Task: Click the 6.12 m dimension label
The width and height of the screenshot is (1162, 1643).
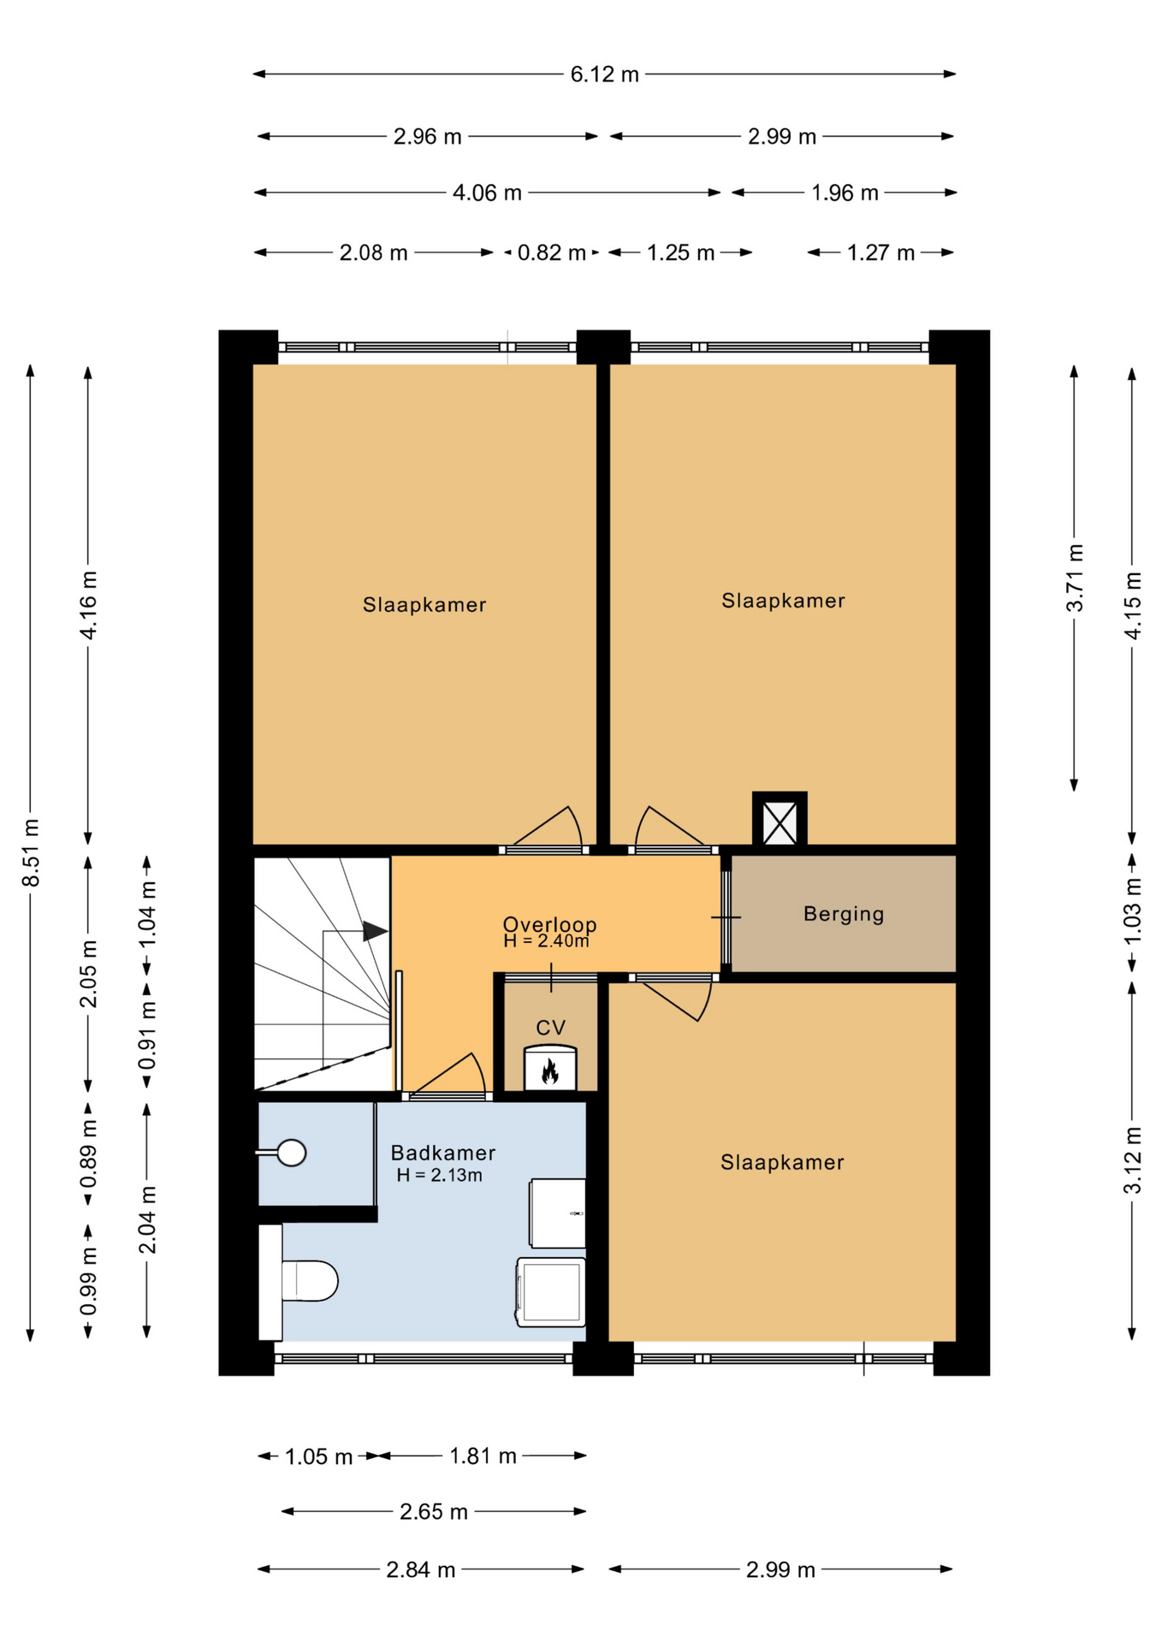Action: coord(605,74)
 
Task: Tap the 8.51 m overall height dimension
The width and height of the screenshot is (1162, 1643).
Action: coord(31,853)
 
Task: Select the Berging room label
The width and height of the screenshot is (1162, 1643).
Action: coord(844,914)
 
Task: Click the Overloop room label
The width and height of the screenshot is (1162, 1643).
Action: coord(549,924)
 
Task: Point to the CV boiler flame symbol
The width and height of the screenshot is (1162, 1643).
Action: coord(549,1071)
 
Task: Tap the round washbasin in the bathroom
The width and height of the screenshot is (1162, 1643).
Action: coord(291,1153)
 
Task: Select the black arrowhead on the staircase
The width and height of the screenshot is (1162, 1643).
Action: coord(375,931)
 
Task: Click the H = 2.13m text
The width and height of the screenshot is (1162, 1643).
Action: coord(439,1176)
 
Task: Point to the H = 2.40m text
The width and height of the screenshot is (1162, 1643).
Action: coord(546,941)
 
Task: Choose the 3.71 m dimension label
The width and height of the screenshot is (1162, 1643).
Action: coord(1075,578)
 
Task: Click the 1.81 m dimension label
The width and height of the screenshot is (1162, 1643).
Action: coord(483,1456)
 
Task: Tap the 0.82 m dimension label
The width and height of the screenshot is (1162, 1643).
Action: coord(552,253)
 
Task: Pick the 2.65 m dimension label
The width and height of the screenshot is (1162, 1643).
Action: coord(434,1512)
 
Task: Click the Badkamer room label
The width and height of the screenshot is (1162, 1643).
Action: coord(443,1153)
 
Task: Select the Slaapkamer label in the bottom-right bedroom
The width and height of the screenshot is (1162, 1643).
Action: coord(782,1162)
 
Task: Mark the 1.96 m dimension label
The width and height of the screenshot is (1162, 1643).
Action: coord(845,193)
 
